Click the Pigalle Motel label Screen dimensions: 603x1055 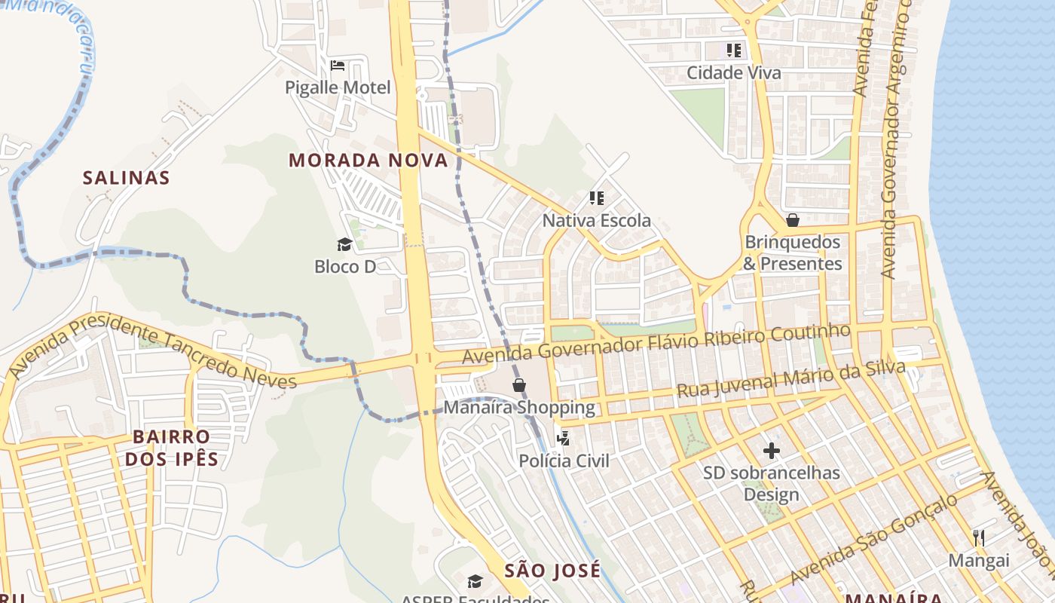click(338, 87)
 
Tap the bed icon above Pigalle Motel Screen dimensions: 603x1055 click(338, 66)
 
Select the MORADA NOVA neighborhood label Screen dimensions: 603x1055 click(368, 161)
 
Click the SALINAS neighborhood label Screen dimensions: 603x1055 click(126, 178)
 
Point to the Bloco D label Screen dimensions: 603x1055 click(345, 266)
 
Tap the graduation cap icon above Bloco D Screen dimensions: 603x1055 click(344, 244)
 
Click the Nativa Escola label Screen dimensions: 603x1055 click(597, 221)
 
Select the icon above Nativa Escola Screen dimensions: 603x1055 click(597, 198)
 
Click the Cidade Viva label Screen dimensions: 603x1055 click(734, 73)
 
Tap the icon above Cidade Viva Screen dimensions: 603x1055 click(734, 51)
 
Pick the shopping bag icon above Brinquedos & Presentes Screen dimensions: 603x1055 click(792, 220)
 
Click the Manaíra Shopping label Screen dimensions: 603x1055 click(519, 408)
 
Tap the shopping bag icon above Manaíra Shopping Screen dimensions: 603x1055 click(519, 386)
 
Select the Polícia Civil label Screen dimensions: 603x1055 click(564, 461)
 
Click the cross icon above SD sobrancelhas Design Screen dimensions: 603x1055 click(772, 451)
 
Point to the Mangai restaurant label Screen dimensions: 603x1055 click(979, 560)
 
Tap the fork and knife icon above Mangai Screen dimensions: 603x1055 click(979, 537)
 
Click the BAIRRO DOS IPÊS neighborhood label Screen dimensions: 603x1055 click(172, 448)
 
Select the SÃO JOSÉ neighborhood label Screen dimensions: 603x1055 click(553, 571)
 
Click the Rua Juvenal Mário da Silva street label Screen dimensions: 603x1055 click(790, 380)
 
